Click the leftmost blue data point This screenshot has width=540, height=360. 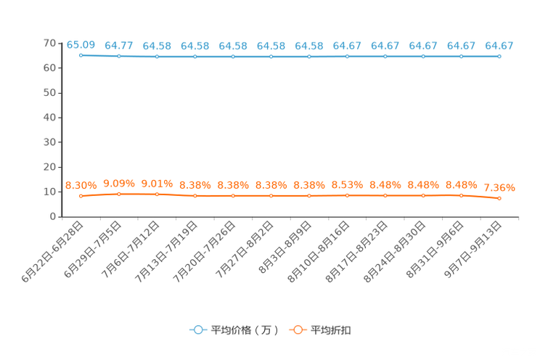point(81,55)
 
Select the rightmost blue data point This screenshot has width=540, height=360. point(499,56)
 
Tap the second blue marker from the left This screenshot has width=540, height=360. point(118,56)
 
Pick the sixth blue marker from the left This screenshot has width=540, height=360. point(271,56)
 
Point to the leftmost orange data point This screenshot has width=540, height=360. point(81,196)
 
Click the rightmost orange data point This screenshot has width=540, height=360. point(499,198)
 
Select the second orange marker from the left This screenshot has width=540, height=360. point(118,194)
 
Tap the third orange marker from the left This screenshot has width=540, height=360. point(157,195)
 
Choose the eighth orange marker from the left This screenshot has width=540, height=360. point(347,195)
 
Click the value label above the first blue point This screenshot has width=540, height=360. point(81,45)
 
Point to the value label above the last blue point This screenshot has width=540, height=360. point(499,46)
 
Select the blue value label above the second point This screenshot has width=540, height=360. point(118,46)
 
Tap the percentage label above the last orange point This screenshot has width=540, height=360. point(499,188)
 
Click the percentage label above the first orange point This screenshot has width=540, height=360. point(81,186)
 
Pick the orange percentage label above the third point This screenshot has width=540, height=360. point(157,184)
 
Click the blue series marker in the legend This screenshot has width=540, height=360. point(197,330)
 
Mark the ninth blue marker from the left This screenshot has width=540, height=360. point(385,56)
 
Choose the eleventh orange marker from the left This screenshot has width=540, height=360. point(461,195)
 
